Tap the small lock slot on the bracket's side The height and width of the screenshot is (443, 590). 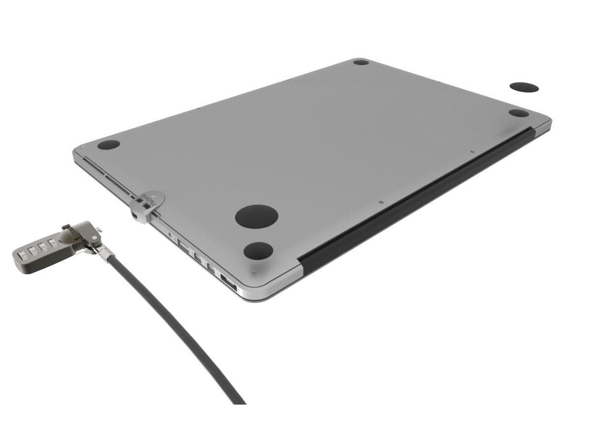(x=135, y=215)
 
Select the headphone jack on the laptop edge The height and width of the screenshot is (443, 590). (x=170, y=235)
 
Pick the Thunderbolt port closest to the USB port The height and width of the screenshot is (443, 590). (x=196, y=256)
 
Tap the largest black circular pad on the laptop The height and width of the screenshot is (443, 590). (x=256, y=217)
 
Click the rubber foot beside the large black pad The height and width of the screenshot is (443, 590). (x=258, y=251)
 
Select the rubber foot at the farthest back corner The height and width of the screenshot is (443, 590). (x=361, y=62)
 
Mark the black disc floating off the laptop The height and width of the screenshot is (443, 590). (x=524, y=88)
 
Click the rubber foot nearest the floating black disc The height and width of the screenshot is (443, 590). (x=518, y=113)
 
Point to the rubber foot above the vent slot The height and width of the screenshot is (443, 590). (x=109, y=145)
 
